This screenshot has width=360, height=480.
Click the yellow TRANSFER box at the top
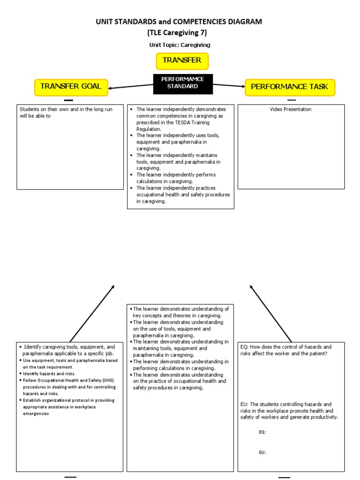[x=182, y=61]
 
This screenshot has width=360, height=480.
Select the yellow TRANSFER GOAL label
[x=71, y=87]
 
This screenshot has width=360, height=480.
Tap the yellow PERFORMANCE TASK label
[x=290, y=87]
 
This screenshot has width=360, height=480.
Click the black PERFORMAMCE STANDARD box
[x=183, y=83]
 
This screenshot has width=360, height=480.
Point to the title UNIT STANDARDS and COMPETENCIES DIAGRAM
[x=180, y=22]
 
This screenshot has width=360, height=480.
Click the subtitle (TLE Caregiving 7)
[x=180, y=33]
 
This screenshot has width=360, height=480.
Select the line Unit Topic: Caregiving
[x=180, y=45]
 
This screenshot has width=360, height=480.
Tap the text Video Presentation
[x=291, y=110]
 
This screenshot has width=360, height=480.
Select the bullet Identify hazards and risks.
[x=48, y=374]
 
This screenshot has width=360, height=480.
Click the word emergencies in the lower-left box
[x=36, y=414]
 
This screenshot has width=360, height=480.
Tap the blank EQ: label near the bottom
[x=262, y=432]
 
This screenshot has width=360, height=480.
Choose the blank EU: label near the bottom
[x=262, y=452]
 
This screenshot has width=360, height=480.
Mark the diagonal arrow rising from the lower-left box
[x=92, y=314]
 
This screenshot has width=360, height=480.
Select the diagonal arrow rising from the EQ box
[x=270, y=314]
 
